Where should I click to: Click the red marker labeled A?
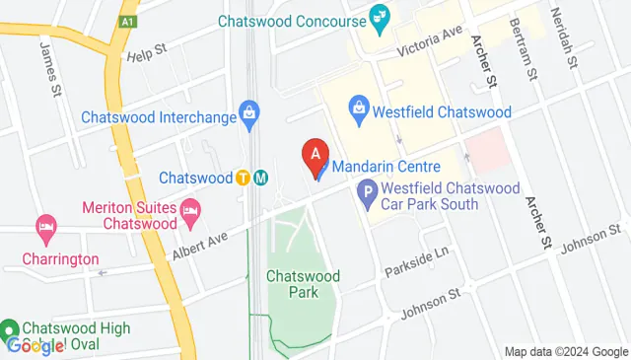click(x=315, y=156)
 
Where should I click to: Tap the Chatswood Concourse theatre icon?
click(x=378, y=16)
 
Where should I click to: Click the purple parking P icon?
click(x=369, y=193)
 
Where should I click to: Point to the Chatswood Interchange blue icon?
click(x=251, y=115)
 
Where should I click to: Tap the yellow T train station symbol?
click(x=243, y=178)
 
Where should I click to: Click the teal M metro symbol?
click(x=260, y=178)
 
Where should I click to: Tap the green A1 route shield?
click(x=128, y=20)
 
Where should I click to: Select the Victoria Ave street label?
click(x=430, y=41)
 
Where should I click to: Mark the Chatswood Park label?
click(x=303, y=284)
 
